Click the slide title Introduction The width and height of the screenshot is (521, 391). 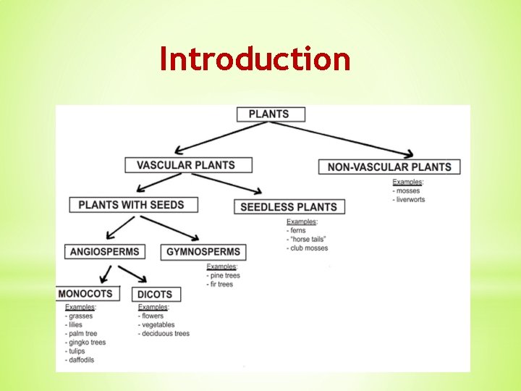(x=255, y=59)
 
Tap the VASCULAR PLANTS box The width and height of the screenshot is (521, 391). (x=188, y=164)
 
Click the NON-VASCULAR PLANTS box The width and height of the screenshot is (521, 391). (x=389, y=167)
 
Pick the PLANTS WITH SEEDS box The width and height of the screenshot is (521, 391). (x=131, y=204)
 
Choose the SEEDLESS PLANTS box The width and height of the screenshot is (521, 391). (x=288, y=206)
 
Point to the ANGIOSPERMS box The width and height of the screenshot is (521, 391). (x=104, y=252)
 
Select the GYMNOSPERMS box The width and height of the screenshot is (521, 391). (x=203, y=252)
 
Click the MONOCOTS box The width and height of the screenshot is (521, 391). (x=85, y=293)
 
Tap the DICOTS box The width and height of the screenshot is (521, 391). (x=155, y=294)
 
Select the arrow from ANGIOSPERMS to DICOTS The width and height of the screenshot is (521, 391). (x=133, y=274)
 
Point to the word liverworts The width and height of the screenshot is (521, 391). (x=410, y=200)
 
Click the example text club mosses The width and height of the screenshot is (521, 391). (x=309, y=248)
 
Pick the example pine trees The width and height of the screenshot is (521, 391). (x=224, y=276)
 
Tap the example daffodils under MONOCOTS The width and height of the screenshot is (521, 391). (x=81, y=360)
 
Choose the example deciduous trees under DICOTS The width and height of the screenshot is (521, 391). (x=165, y=334)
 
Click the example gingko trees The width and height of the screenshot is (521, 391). (x=87, y=342)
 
